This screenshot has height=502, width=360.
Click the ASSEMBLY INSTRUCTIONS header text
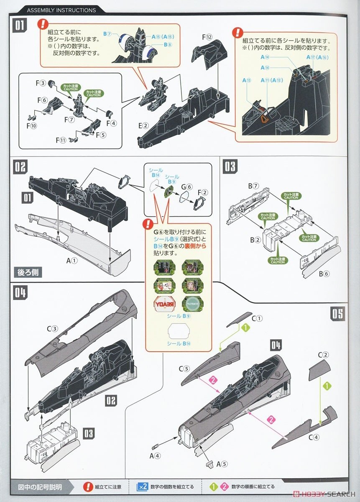coord(61,10)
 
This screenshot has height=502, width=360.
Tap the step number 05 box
coord(337,313)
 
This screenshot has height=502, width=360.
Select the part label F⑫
coord(208,37)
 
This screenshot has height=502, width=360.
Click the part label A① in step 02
coord(72,261)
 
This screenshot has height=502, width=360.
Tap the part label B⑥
coord(324,274)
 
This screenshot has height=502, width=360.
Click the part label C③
coord(52,329)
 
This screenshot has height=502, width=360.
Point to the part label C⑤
coord(184,369)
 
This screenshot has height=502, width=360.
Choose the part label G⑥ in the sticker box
coord(187,187)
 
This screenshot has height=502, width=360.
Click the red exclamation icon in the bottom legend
coord(87,487)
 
